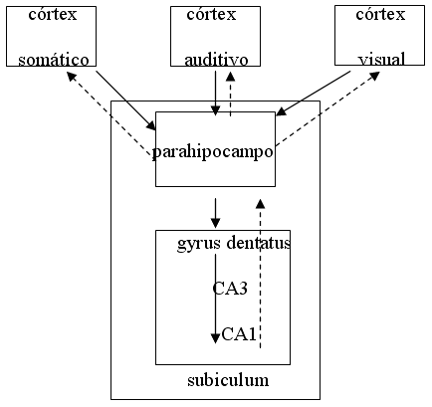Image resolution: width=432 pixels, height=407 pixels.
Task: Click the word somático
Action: [54, 60]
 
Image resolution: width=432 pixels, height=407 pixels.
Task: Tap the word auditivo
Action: [216, 60]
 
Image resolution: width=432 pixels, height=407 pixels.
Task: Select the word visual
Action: [381, 60]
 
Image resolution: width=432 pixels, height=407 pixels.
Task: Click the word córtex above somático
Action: [53, 14]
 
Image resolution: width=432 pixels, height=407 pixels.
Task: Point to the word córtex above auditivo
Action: [211, 14]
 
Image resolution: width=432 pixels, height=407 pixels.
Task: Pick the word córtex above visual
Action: [380, 14]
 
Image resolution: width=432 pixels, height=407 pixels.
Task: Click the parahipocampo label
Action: [212, 152]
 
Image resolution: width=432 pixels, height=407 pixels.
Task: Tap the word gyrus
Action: [199, 244]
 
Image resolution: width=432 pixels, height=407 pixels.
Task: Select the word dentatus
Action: [259, 243]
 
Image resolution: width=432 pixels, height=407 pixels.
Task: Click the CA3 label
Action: [230, 288]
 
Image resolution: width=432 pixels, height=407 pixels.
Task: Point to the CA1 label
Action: [239, 334]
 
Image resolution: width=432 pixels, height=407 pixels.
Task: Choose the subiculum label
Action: [228, 380]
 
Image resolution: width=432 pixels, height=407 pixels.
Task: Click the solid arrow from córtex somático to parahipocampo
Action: [126, 101]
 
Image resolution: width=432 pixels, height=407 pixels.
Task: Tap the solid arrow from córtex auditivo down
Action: [216, 94]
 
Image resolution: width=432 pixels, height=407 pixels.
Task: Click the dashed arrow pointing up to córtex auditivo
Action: [230, 95]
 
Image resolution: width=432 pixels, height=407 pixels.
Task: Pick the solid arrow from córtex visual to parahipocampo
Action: [314, 93]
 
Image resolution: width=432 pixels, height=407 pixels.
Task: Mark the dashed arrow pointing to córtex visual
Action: [327, 109]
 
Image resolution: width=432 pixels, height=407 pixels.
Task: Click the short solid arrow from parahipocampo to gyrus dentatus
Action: [216, 213]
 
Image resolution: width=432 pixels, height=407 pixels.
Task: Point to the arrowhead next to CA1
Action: [216, 338]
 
